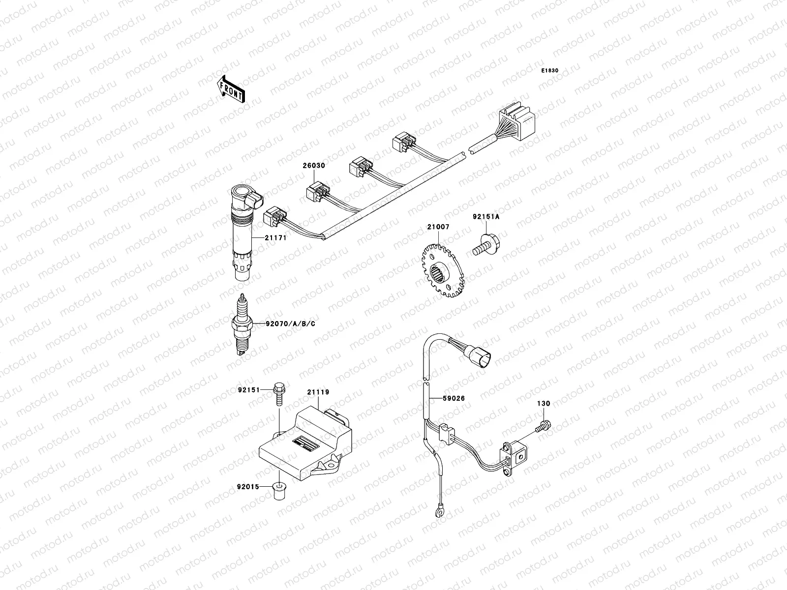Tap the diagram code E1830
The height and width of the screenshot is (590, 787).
[x=550, y=71]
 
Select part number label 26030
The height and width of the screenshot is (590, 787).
[x=314, y=166]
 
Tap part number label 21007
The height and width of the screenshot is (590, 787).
[x=438, y=227]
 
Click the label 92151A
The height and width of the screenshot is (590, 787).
[x=486, y=216]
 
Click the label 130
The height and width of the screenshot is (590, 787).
[x=544, y=404]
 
